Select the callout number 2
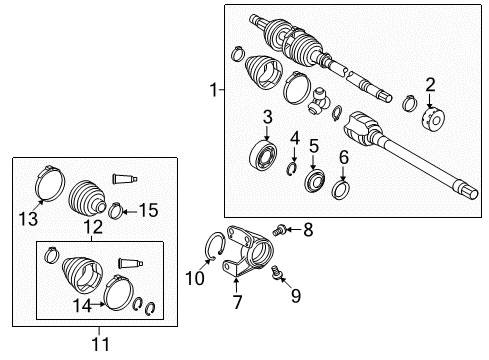click(431, 85)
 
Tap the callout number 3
click(268, 119)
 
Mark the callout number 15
click(148, 210)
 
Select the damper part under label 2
click(432, 116)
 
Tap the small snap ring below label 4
click(292, 167)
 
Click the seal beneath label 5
click(312, 182)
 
